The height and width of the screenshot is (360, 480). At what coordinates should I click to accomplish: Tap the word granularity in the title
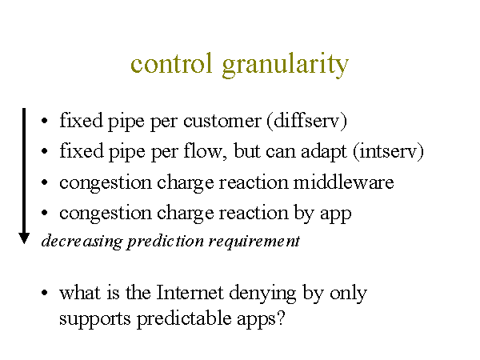click(x=286, y=66)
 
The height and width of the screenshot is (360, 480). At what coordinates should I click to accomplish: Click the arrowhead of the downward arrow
click(x=24, y=238)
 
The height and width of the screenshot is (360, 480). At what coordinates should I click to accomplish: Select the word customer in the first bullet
click(x=222, y=121)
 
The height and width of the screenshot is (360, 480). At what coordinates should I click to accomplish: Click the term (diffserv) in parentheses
click(x=307, y=121)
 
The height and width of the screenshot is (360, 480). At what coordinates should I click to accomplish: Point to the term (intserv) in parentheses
click(x=389, y=151)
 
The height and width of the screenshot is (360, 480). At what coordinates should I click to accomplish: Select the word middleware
click(x=343, y=182)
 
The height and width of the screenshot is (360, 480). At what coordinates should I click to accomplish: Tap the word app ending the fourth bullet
click(x=335, y=215)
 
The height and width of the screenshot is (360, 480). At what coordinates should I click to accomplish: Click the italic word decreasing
click(x=82, y=242)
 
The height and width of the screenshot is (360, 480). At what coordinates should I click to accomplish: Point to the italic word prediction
click(x=166, y=242)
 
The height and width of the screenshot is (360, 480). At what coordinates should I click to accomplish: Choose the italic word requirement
click(x=254, y=242)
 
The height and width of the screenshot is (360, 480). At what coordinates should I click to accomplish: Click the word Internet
click(x=190, y=292)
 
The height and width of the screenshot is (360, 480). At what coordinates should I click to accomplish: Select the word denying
click(x=262, y=294)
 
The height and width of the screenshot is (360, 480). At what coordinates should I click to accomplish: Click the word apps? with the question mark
click(x=261, y=320)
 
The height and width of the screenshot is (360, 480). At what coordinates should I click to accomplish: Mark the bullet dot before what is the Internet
click(x=44, y=292)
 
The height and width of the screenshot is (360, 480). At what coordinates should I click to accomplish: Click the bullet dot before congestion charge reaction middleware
click(x=44, y=182)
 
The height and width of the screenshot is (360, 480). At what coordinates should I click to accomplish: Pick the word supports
click(x=95, y=320)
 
